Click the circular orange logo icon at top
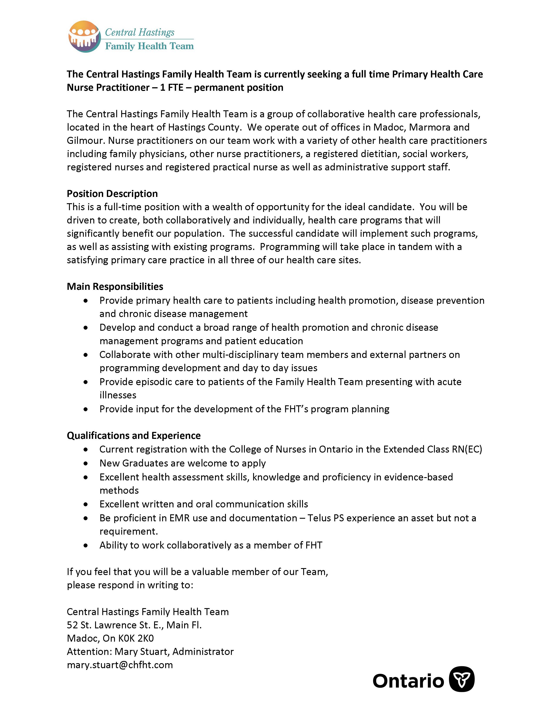click(84, 37)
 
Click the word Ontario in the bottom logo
click(408, 681)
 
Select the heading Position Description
click(112, 194)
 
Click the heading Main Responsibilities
click(115, 286)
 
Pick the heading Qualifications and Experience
click(133, 435)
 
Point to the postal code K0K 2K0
click(136, 638)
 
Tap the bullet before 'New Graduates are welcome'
click(86, 463)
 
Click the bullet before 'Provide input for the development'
click(86, 409)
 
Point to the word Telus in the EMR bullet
click(319, 518)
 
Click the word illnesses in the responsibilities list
click(118, 395)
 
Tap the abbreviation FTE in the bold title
click(176, 87)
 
